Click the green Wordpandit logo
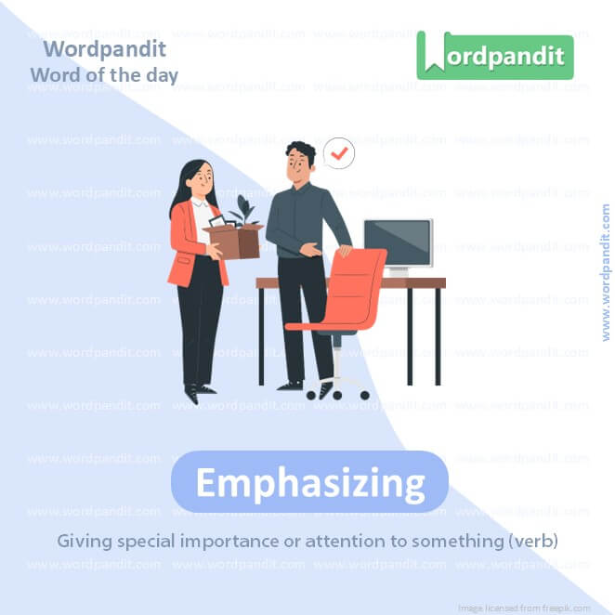(x=494, y=56)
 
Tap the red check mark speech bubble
(x=339, y=152)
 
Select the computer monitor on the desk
(x=398, y=243)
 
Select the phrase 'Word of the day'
(x=103, y=74)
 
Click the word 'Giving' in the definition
(x=81, y=540)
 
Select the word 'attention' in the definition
(x=352, y=540)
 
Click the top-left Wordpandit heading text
(x=104, y=49)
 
